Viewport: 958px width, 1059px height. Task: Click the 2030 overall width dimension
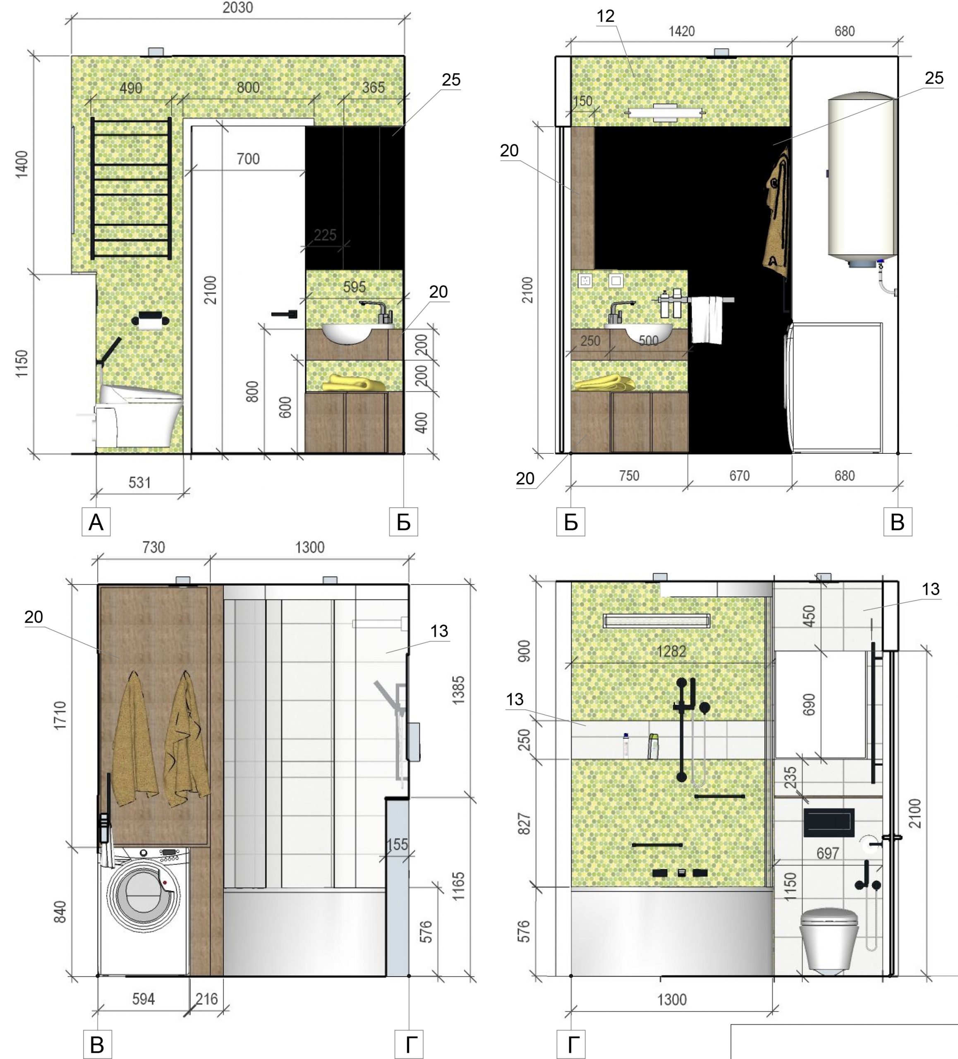(237, 8)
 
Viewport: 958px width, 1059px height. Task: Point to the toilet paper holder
(150, 320)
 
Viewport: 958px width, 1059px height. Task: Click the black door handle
(284, 314)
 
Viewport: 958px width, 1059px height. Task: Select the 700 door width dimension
(248, 158)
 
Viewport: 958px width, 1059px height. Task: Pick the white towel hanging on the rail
(707, 321)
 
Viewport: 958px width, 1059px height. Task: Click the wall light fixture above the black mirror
(665, 113)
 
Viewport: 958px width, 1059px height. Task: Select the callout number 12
(605, 16)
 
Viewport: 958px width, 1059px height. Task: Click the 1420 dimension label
(681, 31)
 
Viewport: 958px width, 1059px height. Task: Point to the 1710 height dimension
(60, 716)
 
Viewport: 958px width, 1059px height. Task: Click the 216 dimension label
(206, 999)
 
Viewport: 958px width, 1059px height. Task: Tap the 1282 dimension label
(671, 652)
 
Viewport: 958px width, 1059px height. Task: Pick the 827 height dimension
(524, 824)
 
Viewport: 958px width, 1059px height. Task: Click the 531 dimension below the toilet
(140, 482)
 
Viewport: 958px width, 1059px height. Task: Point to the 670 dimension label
(739, 476)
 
